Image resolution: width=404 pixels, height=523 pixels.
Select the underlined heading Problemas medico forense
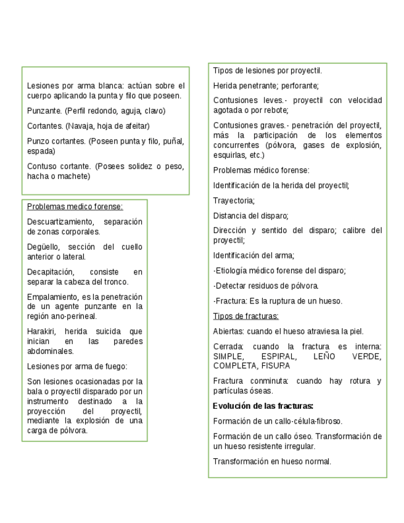click(x=75, y=207)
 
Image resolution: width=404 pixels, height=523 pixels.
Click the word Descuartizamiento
click(x=60, y=221)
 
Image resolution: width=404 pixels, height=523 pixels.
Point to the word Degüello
click(x=43, y=247)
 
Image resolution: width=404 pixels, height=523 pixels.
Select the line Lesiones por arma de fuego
click(x=77, y=366)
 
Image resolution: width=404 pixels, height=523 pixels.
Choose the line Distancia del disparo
click(x=250, y=215)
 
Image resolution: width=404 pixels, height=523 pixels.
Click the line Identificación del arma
click(x=254, y=255)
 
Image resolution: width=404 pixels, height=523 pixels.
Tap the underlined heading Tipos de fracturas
click(x=245, y=316)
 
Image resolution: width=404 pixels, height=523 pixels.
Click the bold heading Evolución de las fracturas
click(x=263, y=406)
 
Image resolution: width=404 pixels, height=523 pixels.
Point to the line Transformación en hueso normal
click(x=272, y=461)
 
